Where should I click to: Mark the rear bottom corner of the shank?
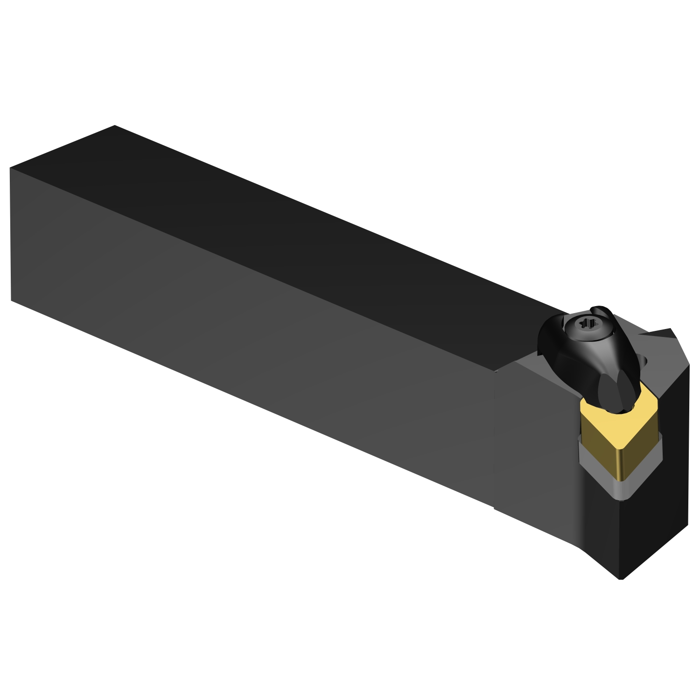tap(11, 300)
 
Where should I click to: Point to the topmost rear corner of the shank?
tap(114, 126)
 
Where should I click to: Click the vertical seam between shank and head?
tap(494, 439)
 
